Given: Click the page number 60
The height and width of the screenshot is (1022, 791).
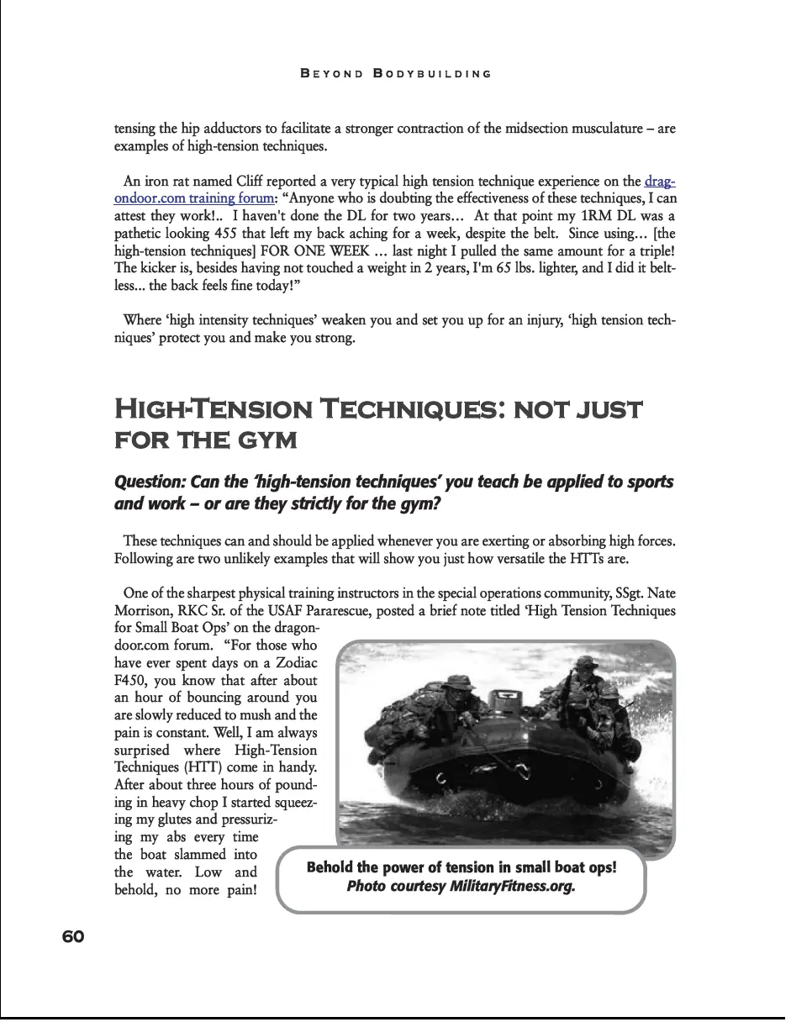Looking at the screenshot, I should pyautogui.click(x=73, y=936).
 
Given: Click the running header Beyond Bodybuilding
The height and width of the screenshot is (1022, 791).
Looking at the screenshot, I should pyautogui.click(x=395, y=74).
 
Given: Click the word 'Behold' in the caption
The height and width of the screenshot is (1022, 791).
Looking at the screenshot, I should pyautogui.click(x=330, y=867).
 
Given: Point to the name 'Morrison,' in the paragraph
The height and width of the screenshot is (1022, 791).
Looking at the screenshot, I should pyautogui.click(x=143, y=611).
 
